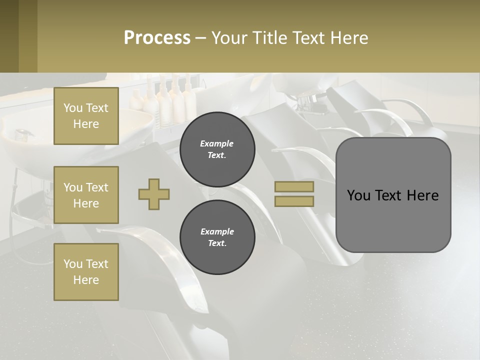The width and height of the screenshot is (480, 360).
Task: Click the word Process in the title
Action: (x=157, y=38)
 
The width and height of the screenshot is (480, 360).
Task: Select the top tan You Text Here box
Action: (x=86, y=116)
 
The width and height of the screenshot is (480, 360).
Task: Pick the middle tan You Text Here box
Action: (x=86, y=195)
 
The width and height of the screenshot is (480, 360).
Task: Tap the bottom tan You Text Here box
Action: (x=86, y=271)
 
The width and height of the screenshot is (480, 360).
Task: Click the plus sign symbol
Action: (x=154, y=194)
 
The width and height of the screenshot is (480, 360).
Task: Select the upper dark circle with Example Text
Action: (x=217, y=149)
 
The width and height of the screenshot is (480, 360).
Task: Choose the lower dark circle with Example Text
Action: (x=217, y=237)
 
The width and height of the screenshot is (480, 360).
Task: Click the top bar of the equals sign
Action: (x=294, y=186)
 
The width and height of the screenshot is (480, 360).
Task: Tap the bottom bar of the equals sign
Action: (x=294, y=201)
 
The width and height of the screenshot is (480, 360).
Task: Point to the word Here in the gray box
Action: (x=422, y=195)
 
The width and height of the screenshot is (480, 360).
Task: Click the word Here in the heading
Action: (x=349, y=38)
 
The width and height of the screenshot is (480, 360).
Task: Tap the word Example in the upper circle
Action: (x=217, y=143)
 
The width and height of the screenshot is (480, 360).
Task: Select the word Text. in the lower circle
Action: (x=217, y=243)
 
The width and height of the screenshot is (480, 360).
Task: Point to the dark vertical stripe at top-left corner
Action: (x=9, y=36)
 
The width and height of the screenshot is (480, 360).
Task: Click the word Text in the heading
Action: (x=309, y=38)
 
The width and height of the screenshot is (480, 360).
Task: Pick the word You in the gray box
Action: (x=358, y=195)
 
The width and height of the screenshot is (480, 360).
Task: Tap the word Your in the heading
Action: (x=229, y=38)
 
